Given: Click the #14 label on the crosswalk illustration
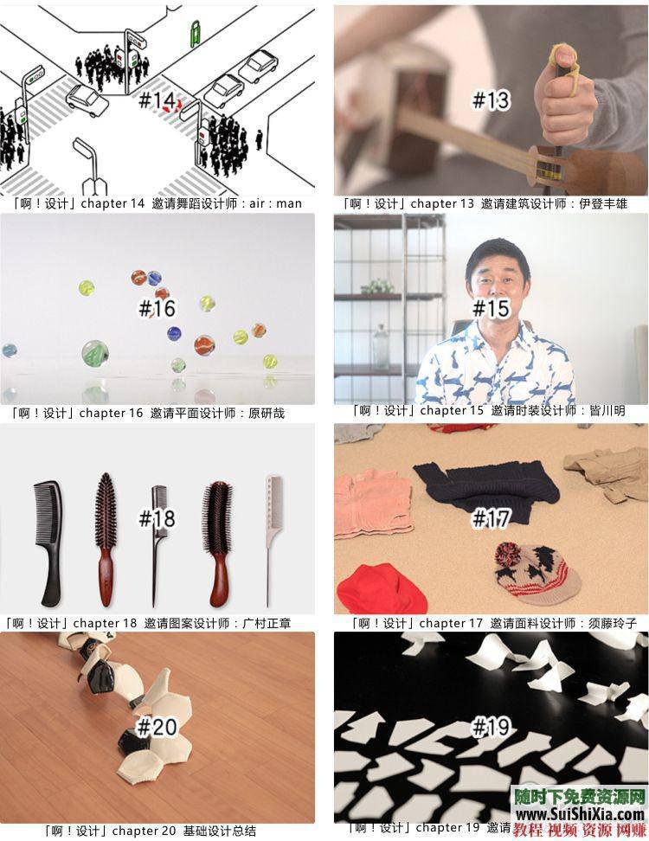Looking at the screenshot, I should pyautogui.click(x=156, y=100).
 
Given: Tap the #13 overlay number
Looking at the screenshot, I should pyautogui.click(x=491, y=100).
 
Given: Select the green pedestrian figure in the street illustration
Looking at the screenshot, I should pyautogui.click(x=196, y=33).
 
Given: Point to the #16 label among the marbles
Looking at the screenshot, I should pyautogui.click(x=157, y=308).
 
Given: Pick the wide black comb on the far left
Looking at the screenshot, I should pyautogui.click(x=48, y=543).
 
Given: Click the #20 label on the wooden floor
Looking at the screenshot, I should pyautogui.click(x=157, y=727).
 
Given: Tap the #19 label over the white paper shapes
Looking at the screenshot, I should pyautogui.click(x=491, y=727).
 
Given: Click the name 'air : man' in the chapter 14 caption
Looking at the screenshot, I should pyautogui.click(x=276, y=203).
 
